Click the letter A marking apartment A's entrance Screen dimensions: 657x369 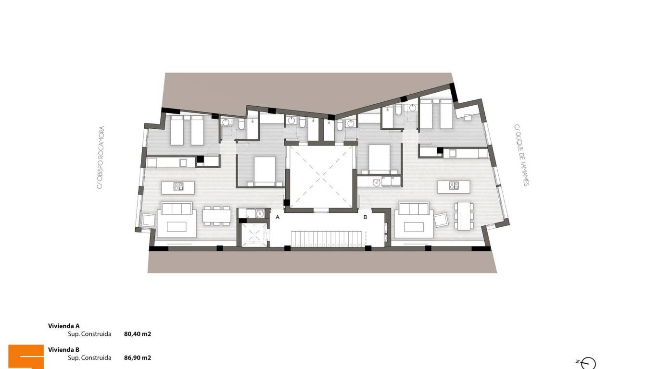(278, 217)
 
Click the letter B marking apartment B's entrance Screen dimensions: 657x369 (365, 217)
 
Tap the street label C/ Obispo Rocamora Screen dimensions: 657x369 (101, 158)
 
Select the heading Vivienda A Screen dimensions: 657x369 (63, 326)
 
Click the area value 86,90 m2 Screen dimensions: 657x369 (137, 357)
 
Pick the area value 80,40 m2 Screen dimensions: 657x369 (137, 334)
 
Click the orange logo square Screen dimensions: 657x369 (26, 357)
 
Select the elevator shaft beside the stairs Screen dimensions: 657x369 (254, 234)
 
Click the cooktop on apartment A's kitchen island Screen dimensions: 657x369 (178, 186)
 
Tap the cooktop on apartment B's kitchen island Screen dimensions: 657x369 (454, 185)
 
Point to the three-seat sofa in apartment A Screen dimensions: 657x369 (177, 209)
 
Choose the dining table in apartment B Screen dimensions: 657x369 (464, 216)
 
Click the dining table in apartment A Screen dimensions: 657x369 (217, 216)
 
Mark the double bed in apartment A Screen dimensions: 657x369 (265, 172)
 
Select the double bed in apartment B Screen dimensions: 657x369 (379, 159)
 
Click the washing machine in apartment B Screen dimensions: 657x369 (376, 182)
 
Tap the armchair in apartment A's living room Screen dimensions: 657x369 (148, 220)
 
